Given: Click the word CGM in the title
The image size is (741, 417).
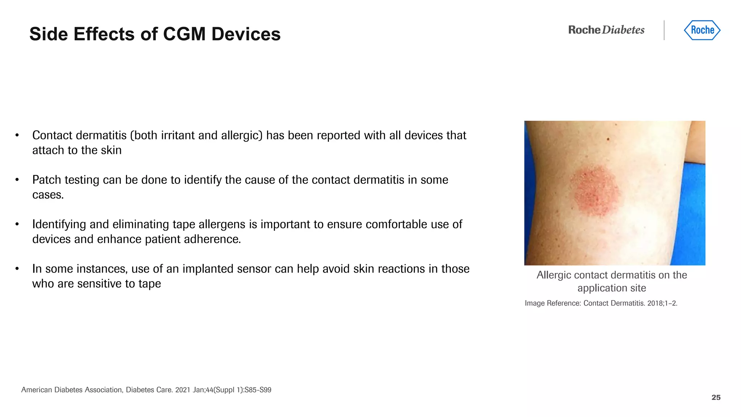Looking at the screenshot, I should click(x=184, y=34).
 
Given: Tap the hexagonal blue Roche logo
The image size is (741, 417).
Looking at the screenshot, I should click(x=702, y=30).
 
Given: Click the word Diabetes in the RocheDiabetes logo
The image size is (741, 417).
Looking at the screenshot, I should click(x=623, y=30).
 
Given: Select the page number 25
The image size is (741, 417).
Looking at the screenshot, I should click(x=716, y=397).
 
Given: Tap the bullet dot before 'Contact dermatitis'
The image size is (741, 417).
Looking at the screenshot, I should click(x=17, y=135).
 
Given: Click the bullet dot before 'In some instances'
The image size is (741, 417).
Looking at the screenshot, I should click(x=17, y=269).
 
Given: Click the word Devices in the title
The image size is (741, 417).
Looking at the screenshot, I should click(x=246, y=34).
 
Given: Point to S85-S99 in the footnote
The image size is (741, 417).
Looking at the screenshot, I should click(x=258, y=390).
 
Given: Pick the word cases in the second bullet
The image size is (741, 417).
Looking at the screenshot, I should click(x=47, y=195).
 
